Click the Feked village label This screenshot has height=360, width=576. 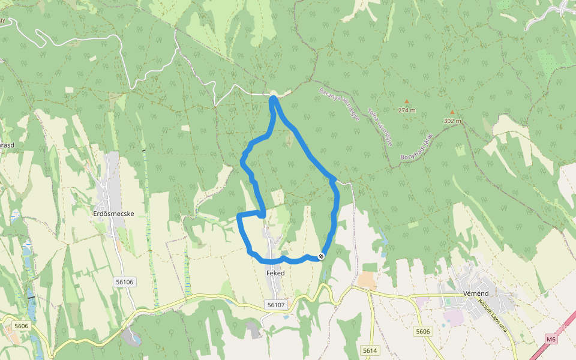click(275, 273)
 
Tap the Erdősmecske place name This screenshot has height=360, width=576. click(113, 213)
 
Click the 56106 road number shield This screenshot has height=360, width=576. click(124, 281)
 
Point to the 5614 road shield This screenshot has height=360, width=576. click(370, 350)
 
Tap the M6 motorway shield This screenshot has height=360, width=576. click(551, 340)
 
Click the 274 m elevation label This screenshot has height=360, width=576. click(406, 110)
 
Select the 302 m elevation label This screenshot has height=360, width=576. click(452, 121)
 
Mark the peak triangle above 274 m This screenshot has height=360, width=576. click(406, 101)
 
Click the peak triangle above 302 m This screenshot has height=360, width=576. click(452, 112)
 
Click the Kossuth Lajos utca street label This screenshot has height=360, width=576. click(493, 317)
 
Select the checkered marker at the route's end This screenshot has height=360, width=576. click(321, 257)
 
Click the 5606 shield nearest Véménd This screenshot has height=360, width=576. click(423, 331)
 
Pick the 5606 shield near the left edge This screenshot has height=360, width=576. click(21, 326)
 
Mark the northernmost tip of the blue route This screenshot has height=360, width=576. click(273, 97)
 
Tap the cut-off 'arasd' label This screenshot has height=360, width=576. click(6, 145)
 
